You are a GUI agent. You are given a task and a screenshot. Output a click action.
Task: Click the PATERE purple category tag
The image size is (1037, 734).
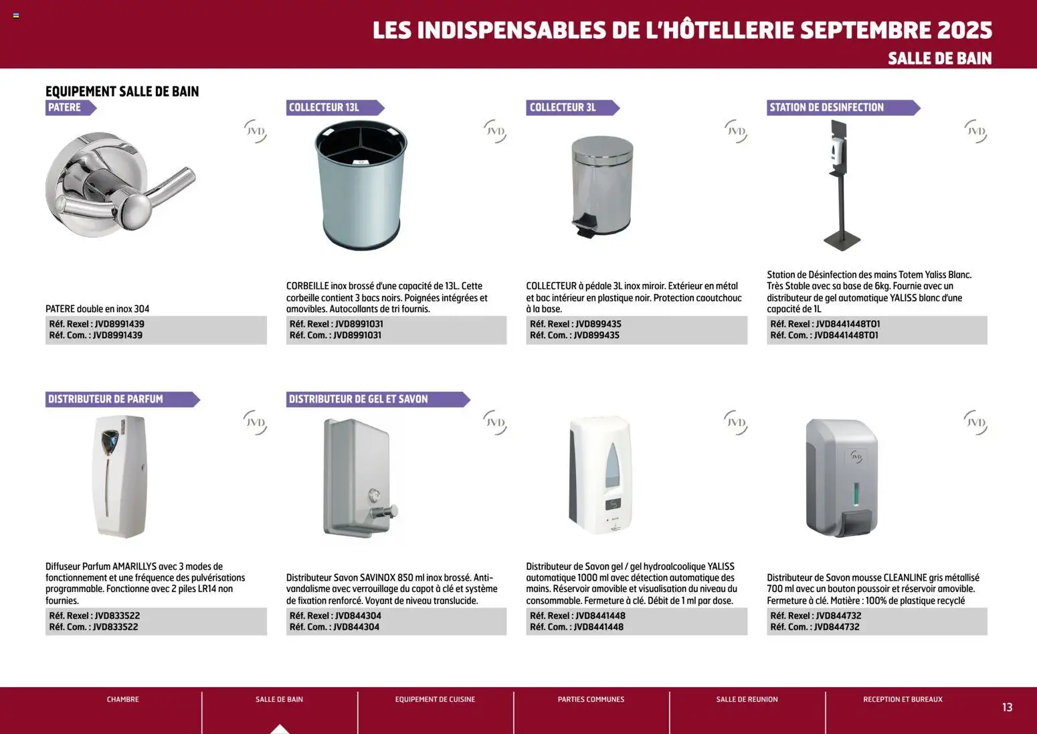pyautogui.click(x=66, y=108)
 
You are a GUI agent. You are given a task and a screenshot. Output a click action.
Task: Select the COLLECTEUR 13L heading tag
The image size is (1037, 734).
pyautogui.click(x=324, y=108)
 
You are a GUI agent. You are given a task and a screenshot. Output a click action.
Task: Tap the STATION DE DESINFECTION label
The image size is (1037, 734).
pyautogui.click(x=827, y=108)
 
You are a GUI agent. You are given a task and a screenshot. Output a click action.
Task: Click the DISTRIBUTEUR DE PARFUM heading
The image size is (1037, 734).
pyautogui.click(x=106, y=399)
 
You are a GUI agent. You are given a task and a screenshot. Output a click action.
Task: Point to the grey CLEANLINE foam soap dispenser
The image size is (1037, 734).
pyautogui.click(x=842, y=478)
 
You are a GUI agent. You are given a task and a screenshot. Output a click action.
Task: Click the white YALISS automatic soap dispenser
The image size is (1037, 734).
pyautogui.click(x=601, y=475)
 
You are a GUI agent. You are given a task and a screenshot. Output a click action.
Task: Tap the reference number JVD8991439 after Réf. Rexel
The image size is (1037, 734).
pyautogui.click(x=119, y=324)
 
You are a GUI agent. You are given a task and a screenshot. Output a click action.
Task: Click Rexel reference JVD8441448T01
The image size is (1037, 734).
pyautogui.click(x=848, y=324)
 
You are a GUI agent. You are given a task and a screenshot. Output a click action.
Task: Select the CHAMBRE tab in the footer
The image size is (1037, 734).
pyautogui.click(x=123, y=699)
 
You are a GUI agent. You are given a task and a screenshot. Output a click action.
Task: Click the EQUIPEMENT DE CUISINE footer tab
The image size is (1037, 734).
pyautogui.click(x=435, y=699)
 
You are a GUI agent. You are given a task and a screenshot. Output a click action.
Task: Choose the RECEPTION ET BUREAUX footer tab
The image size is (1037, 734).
pyautogui.click(x=903, y=699)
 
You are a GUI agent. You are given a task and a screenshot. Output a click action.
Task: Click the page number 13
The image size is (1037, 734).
pyautogui.click(x=1007, y=707)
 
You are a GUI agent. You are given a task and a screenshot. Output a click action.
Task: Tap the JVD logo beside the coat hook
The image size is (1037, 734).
pyautogui.click(x=255, y=131)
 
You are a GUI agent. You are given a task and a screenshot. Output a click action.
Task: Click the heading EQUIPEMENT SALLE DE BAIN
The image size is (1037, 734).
pyautogui.click(x=122, y=92)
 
